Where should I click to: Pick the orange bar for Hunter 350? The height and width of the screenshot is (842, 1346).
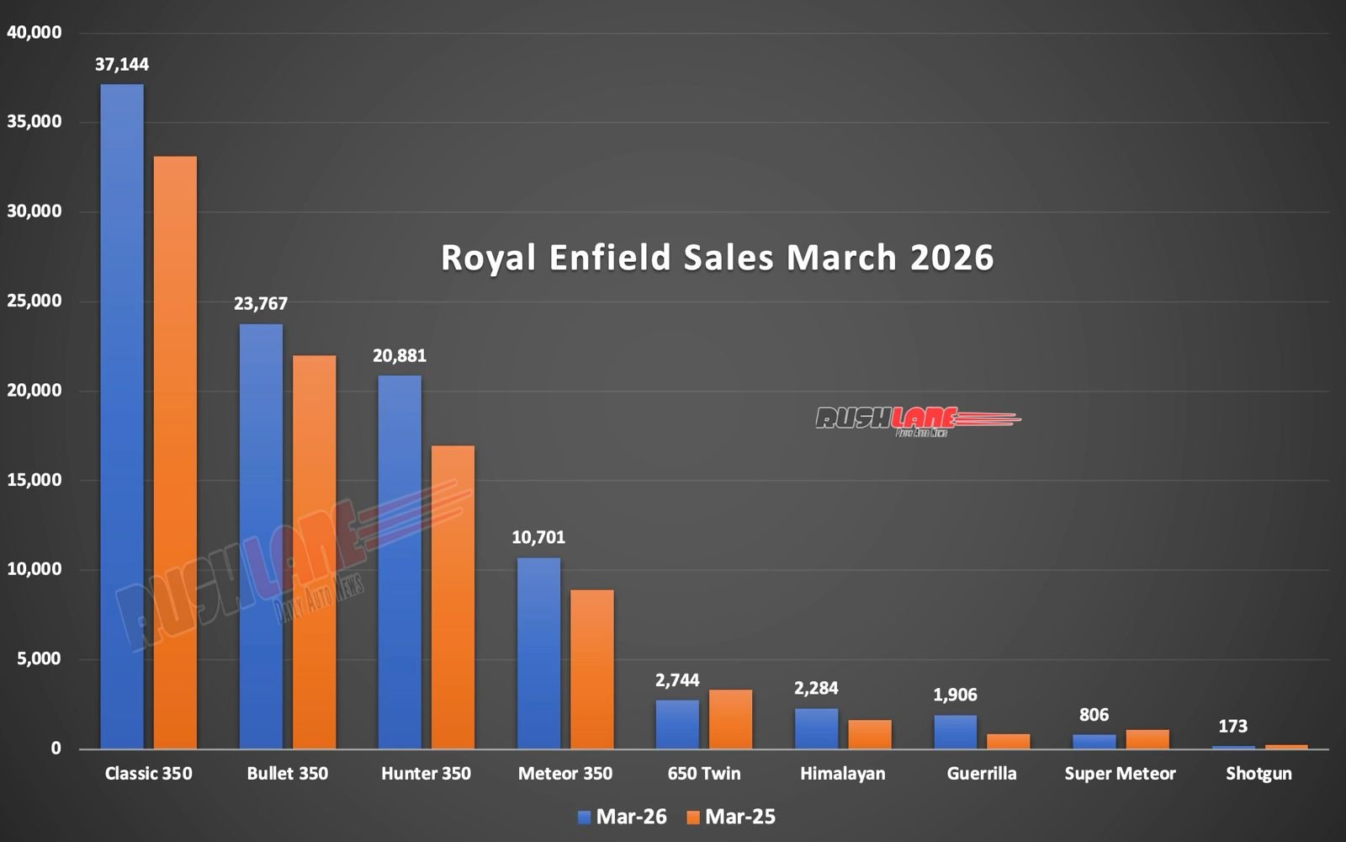(x=453, y=597)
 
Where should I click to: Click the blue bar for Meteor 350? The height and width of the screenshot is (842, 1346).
(x=538, y=653)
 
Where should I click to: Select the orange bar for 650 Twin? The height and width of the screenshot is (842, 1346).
(x=730, y=719)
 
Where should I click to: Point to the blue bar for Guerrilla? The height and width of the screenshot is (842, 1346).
(x=955, y=732)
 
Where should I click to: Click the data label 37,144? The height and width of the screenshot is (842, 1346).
(x=122, y=64)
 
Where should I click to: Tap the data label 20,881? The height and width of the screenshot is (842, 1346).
(x=400, y=356)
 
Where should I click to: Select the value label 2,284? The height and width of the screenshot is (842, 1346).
(x=816, y=688)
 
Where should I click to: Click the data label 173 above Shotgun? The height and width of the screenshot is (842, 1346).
(x=1232, y=726)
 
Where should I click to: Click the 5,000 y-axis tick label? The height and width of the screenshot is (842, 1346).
(x=37, y=658)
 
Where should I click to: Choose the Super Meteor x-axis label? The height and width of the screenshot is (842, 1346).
(x=1120, y=773)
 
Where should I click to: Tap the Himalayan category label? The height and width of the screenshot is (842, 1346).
(x=842, y=773)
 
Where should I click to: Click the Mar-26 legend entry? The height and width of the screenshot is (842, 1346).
(x=623, y=817)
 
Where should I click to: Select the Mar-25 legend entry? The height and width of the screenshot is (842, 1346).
(x=730, y=817)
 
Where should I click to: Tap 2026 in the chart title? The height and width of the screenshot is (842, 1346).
(x=951, y=258)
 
